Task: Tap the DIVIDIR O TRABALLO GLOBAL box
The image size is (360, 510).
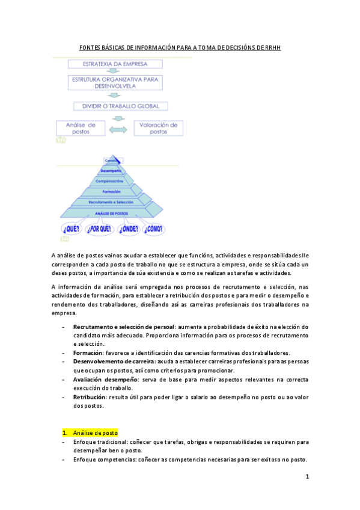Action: (x=117, y=106)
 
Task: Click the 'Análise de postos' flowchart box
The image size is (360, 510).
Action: (x=79, y=128)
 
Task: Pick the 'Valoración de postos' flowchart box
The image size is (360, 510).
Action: (x=159, y=128)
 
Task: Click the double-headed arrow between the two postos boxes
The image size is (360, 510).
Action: (x=119, y=129)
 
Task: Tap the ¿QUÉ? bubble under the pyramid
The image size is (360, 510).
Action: (x=72, y=229)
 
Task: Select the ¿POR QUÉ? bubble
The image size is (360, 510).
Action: (x=100, y=229)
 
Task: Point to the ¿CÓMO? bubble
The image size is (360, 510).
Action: (x=154, y=229)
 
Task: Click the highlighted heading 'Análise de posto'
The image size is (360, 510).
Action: (x=95, y=432)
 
